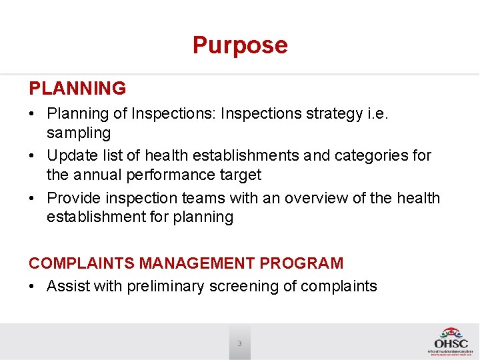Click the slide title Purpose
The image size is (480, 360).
click(x=240, y=45)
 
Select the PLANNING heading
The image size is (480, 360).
click(x=77, y=88)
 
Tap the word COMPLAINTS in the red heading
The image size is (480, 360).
click(x=83, y=263)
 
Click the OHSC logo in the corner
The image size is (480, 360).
click(x=451, y=341)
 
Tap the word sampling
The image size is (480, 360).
click(x=79, y=133)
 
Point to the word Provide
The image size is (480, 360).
click(x=74, y=198)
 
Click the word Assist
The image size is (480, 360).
click(x=68, y=287)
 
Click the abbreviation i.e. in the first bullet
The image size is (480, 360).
click(x=377, y=114)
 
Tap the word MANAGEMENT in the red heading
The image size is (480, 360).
click(x=198, y=263)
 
